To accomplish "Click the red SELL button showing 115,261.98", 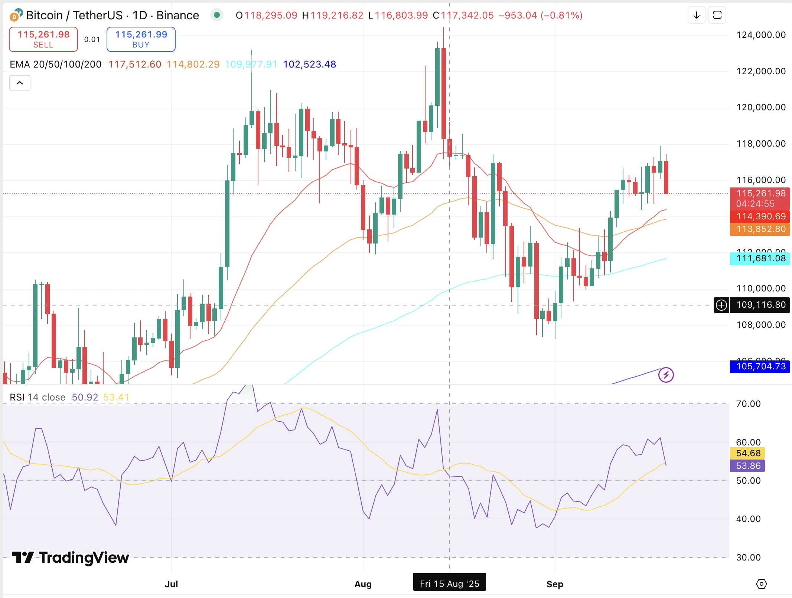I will pos(43,39).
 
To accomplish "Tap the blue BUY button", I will pos(141,39).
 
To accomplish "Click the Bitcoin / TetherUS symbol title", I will pos(112,15).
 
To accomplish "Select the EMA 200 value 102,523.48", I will pos(309,64).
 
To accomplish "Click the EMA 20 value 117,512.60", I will pos(134,64).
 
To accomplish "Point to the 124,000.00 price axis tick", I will pos(760,35).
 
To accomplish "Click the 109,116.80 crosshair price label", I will pos(760,305).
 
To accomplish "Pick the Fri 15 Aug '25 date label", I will pos(449,584).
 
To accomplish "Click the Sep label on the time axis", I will pos(554,584).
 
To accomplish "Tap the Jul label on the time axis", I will pos(171,584).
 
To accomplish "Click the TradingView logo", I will pos(71,557).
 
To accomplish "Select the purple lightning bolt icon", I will pos(666,375).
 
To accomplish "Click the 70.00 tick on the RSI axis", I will pos(748,404).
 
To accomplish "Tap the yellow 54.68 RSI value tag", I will pos(747,453).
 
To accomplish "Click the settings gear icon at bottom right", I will pos(761,584).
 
